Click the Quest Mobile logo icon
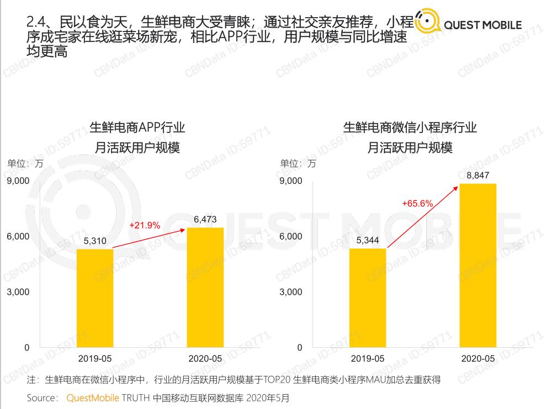click(427, 23)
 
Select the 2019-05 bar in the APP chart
click(95, 298)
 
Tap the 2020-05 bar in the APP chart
click(205, 287)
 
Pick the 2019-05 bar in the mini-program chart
click(368, 298)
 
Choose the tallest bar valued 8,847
click(478, 265)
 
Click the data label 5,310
click(95, 241)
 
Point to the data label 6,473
click(205, 219)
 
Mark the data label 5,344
click(368, 240)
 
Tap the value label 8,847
click(478, 176)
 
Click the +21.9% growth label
click(145, 225)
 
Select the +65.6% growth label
click(417, 203)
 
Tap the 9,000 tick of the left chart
click(18, 180)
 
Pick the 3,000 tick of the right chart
click(291, 291)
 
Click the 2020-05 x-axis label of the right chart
click(478, 358)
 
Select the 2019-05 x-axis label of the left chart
click(95, 358)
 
